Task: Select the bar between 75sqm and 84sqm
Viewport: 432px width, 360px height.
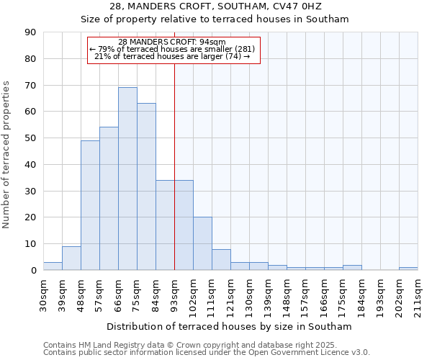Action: click(146, 186)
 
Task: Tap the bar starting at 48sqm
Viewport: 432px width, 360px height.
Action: click(90, 205)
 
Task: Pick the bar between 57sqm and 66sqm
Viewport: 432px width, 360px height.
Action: click(109, 199)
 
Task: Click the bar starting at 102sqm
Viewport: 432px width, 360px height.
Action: click(202, 243)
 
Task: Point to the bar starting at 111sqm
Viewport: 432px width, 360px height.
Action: click(221, 259)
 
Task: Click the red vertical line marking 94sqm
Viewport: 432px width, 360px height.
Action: click(175, 166)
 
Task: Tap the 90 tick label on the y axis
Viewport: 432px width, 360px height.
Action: click(30, 32)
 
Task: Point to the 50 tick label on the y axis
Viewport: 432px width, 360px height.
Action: click(30, 138)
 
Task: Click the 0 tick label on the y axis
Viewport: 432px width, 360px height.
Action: click(33, 271)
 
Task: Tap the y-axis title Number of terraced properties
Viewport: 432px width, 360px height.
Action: click(7, 154)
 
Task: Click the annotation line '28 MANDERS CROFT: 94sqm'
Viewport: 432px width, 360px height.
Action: click(172, 42)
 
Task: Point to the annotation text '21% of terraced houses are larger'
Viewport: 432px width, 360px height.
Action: click(172, 56)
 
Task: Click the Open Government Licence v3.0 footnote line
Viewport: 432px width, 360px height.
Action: click(207, 353)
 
